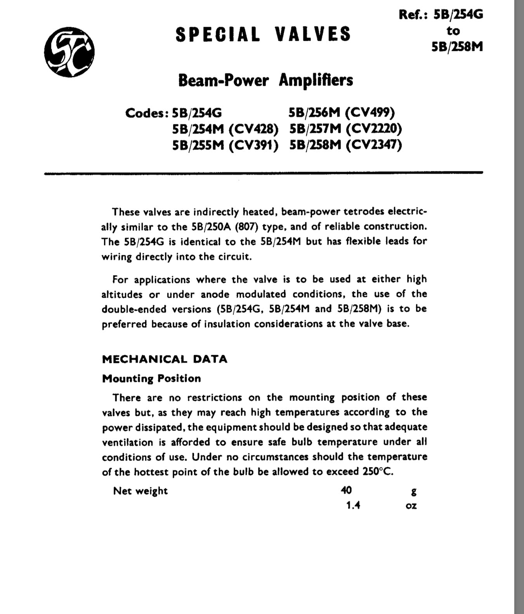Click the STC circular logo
(69, 52)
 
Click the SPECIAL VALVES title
(263, 34)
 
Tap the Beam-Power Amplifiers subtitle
(265, 80)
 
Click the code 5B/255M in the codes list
(198, 145)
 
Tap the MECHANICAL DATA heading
(165, 359)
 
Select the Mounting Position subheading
(151, 379)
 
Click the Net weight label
(140, 491)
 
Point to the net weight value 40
(346, 490)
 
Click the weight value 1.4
(353, 505)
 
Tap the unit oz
(411, 506)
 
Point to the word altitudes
(122, 294)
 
